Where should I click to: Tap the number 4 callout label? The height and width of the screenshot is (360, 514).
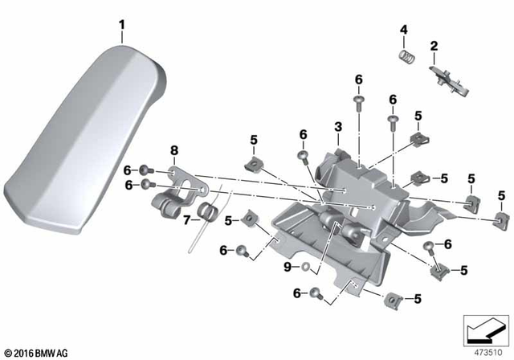(x=404, y=31)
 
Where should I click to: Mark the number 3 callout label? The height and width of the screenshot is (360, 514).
(x=338, y=127)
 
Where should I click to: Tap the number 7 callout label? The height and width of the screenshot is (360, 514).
(x=187, y=219)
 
